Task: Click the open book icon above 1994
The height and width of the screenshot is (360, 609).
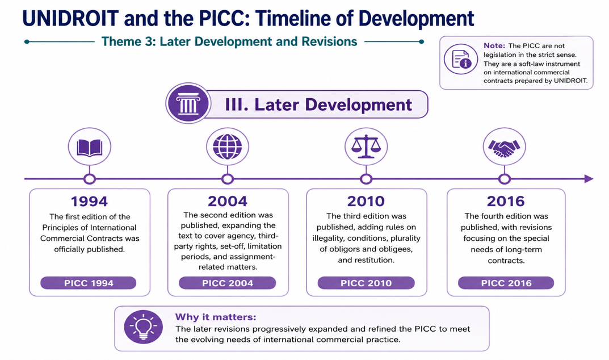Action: [x=90, y=147]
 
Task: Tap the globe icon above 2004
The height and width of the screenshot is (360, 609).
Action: [x=228, y=146]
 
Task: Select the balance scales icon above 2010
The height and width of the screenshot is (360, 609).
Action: [x=366, y=147]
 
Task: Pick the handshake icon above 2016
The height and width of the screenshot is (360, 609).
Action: [x=504, y=148]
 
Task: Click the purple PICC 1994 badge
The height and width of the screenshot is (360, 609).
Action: [x=89, y=283]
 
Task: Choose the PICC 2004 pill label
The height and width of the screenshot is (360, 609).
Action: [x=227, y=283]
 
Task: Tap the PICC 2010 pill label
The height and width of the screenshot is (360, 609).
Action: [x=366, y=283]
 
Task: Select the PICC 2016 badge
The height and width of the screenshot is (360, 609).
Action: [x=506, y=283]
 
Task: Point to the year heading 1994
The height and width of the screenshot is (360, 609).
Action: [x=89, y=202]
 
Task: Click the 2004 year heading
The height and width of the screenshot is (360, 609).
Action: [x=228, y=201]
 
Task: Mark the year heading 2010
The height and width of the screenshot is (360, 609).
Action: [x=366, y=201]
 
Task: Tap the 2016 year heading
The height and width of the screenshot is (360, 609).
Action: [x=506, y=201]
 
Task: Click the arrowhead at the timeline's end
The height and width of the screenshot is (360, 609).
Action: [x=589, y=179]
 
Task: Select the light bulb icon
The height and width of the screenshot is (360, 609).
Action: [x=144, y=327]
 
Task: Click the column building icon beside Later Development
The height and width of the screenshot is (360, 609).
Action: [x=188, y=103]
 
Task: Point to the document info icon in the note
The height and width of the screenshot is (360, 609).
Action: [x=461, y=60]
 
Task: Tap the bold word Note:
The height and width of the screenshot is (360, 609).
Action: [x=494, y=45]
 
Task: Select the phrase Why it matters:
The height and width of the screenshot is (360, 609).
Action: [x=216, y=317]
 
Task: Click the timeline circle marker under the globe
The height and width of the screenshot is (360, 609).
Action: [x=228, y=179]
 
